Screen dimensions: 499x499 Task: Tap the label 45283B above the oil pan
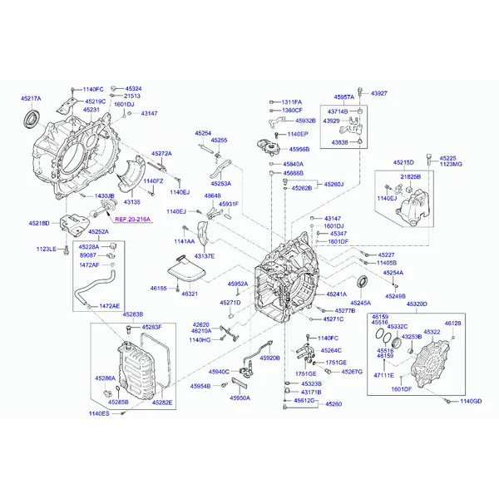pyautogui.click(x=132, y=314)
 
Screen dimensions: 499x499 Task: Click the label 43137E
pyautogui.click(x=204, y=256)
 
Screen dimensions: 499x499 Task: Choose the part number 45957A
pyautogui.click(x=344, y=96)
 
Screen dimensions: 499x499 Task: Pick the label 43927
pyautogui.click(x=379, y=93)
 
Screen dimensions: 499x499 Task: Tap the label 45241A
pyautogui.click(x=337, y=294)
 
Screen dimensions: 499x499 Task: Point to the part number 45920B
pyautogui.click(x=269, y=358)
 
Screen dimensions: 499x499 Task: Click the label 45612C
pyautogui.click(x=304, y=401)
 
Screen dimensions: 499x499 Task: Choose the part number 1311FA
pyautogui.click(x=291, y=101)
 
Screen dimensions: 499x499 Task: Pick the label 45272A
pyautogui.click(x=161, y=153)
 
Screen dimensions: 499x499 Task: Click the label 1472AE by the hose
pyautogui.click(x=110, y=306)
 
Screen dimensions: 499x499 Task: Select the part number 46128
pyautogui.click(x=452, y=323)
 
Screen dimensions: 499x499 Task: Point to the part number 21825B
pyautogui.click(x=411, y=177)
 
